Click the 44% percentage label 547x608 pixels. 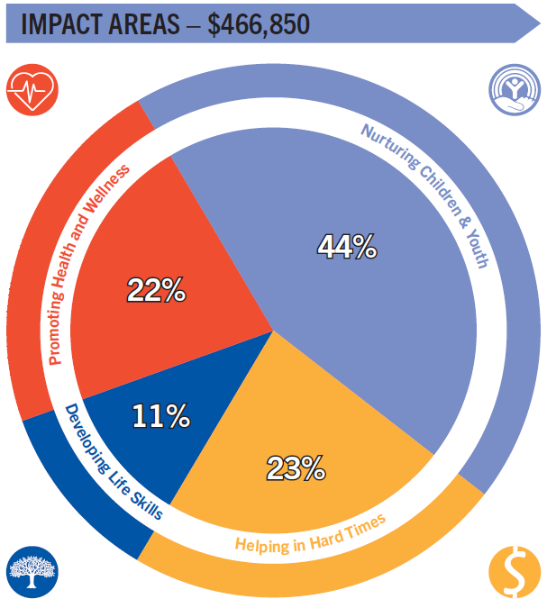[x=346, y=247]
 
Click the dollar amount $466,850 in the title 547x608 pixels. [x=259, y=24]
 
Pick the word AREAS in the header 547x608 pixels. [x=143, y=24]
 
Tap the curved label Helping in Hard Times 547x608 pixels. [x=310, y=532]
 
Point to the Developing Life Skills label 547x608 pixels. [x=112, y=465]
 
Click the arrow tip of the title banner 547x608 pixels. [x=532, y=23]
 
